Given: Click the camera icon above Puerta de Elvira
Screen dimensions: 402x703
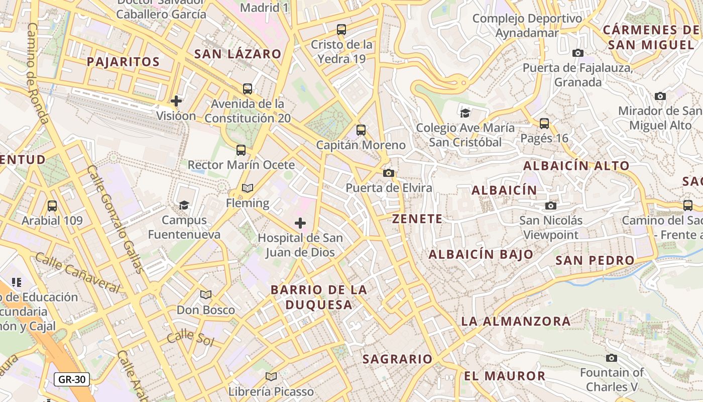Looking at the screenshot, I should coord(388,173).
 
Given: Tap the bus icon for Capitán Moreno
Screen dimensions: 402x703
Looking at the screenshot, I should coord(361,130).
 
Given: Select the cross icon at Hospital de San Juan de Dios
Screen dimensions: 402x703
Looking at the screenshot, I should coord(300,223).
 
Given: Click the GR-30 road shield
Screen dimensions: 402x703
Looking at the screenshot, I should coord(72,379).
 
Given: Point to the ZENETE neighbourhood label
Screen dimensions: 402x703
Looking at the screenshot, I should coord(417,219).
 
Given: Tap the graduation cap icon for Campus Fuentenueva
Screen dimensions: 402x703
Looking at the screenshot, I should coord(184,205).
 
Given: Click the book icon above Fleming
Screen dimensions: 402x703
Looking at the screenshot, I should coord(248,188).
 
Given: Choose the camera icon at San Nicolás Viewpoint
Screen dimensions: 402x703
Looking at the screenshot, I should coord(551,206).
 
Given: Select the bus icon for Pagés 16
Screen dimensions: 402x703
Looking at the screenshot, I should coord(544,123).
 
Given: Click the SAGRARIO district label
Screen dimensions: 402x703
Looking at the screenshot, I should coord(397,359).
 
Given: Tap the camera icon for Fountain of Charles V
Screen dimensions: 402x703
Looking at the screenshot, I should coord(611,358).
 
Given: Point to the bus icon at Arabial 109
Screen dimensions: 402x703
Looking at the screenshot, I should coord(52,206).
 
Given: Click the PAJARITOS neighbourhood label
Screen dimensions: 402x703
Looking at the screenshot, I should coord(123,62).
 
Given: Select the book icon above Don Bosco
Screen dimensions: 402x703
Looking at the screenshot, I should coord(205,294).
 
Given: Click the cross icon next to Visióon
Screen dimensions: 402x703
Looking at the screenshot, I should coord(176,101).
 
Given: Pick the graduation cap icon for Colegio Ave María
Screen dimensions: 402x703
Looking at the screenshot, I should coord(465,113).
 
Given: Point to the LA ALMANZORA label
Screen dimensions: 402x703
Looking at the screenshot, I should coord(516,321).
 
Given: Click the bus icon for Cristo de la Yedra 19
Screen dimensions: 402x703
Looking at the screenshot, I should coord(341,30).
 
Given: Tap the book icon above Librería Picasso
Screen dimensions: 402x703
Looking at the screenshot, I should coord(271,376).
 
